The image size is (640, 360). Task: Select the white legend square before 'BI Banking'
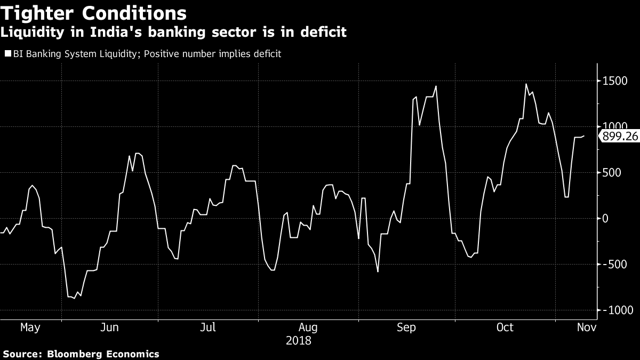8,53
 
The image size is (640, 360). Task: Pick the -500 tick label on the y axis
617,265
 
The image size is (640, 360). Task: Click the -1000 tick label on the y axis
619,310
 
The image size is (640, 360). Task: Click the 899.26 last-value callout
619,137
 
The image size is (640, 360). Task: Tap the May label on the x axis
30,327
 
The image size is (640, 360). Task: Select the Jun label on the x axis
109,327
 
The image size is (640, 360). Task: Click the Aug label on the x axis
308,327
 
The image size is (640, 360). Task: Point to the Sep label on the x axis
406,327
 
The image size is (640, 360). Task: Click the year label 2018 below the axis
299,340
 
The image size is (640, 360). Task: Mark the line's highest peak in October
526,84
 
